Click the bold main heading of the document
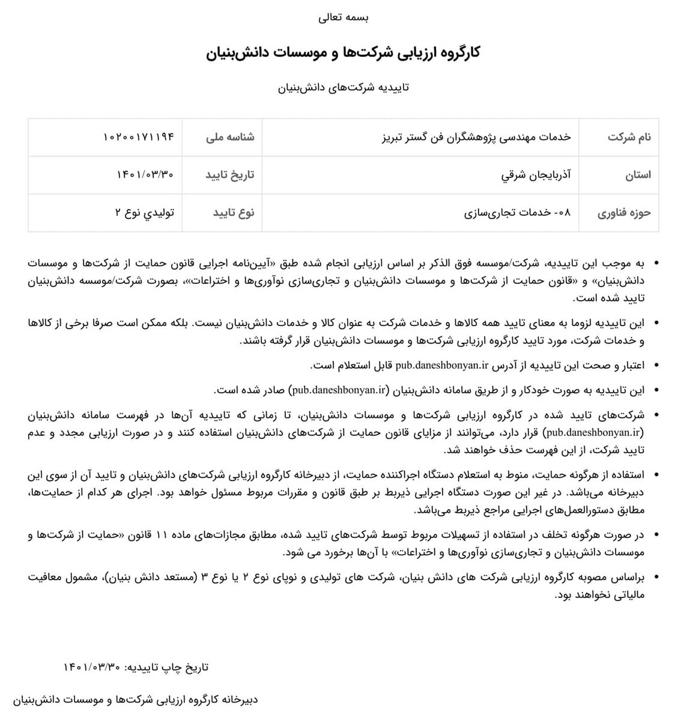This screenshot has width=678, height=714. click(x=343, y=53)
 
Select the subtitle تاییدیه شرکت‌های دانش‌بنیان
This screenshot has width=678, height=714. click(x=343, y=88)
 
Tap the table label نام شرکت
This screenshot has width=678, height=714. click(x=629, y=137)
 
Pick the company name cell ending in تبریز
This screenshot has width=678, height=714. click(x=477, y=137)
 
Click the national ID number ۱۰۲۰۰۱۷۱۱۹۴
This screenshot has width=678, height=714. click(x=139, y=137)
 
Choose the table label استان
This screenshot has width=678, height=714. click(x=638, y=175)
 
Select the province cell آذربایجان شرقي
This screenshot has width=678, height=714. click(x=536, y=175)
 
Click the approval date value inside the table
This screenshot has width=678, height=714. click(x=145, y=175)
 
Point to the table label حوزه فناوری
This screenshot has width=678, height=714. click(x=624, y=213)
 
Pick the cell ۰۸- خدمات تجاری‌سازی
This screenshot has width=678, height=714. click(x=518, y=213)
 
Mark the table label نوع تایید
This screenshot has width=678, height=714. click(x=234, y=213)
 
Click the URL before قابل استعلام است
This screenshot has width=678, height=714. click(x=441, y=365)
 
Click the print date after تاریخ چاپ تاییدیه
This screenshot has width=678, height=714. click(x=92, y=667)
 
